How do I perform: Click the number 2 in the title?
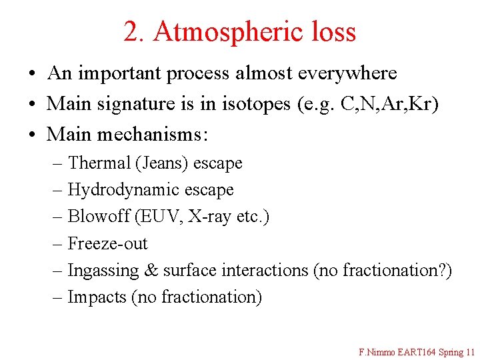131,31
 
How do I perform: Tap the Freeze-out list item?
107,243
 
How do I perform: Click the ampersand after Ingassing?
151,271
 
